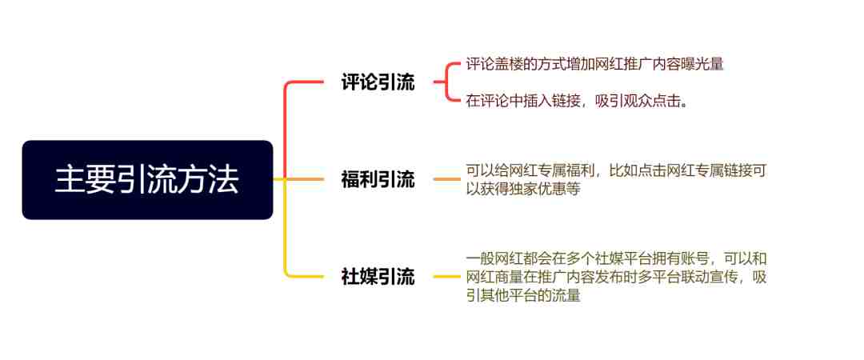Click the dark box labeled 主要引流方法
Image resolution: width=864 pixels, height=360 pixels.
[148, 180]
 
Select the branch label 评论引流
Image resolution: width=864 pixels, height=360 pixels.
[378, 82]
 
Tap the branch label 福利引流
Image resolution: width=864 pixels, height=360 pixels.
[378, 180]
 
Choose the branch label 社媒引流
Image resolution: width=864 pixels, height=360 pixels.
[378, 277]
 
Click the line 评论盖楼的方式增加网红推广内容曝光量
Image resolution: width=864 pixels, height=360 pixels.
[594, 64]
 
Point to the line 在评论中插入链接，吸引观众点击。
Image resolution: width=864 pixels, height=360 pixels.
[577, 102]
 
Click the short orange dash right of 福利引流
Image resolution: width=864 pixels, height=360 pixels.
[447, 179]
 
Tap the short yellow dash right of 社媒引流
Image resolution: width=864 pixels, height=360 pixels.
[447, 276]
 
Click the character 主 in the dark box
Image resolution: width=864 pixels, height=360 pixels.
[66, 180]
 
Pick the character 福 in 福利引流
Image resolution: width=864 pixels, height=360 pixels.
[350, 180]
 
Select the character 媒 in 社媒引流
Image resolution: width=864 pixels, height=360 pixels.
[369, 277]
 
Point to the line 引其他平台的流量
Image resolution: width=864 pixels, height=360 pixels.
[523, 295]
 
